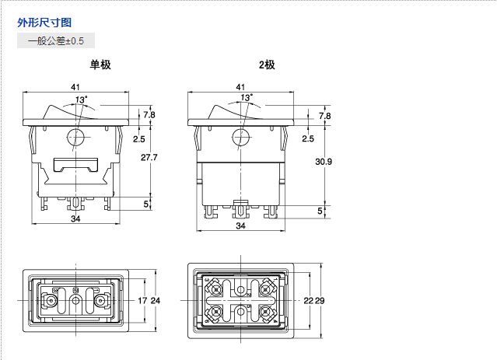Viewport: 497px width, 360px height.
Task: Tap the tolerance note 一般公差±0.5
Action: [55, 40]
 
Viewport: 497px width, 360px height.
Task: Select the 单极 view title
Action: [100, 65]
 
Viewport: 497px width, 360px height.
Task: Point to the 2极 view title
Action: [267, 65]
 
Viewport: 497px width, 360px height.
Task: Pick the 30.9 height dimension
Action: [324, 162]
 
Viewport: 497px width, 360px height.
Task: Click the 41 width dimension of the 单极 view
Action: [76, 86]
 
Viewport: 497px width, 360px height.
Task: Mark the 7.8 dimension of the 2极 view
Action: [324, 115]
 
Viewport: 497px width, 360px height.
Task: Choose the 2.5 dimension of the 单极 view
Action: [139, 139]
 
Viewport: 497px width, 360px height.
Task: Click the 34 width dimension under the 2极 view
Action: [240, 225]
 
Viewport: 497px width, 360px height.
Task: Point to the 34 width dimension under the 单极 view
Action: [76, 219]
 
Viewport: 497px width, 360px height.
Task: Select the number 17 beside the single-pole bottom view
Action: [142, 300]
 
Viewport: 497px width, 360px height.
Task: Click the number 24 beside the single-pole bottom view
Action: [155, 300]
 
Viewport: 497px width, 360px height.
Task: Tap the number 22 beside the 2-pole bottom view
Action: [308, 300]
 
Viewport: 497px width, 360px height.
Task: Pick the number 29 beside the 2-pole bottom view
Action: [320, 300]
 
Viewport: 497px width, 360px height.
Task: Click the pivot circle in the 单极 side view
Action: [76, 138]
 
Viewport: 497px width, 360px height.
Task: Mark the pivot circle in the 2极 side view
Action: [240, 138]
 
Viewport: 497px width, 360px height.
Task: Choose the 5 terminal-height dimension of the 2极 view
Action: [319, 211]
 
